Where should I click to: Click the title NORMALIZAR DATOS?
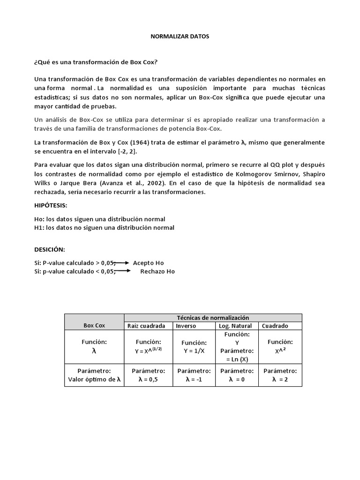point(180,37)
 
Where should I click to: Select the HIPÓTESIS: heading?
point(51,206)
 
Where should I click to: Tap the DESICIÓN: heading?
point(50,249)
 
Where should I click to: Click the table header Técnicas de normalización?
point(212,318)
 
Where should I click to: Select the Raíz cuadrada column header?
point(146,326)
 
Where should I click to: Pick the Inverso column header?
point(186,326)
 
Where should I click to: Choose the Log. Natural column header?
point(236,326)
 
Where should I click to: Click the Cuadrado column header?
point(275,326)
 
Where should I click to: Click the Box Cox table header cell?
point(94,325)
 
